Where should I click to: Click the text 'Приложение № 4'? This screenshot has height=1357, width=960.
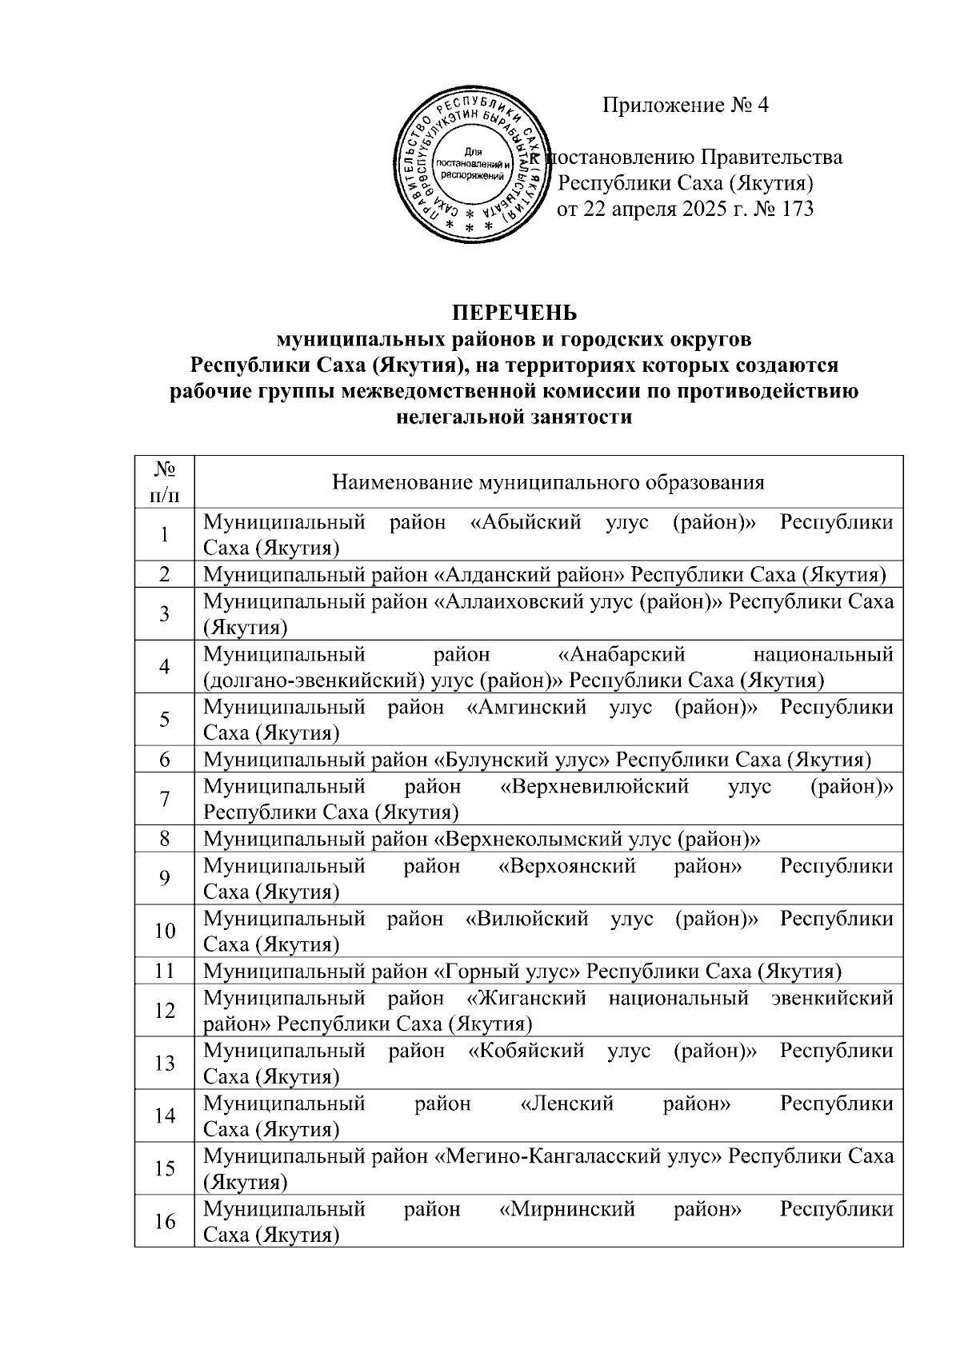point(685,106)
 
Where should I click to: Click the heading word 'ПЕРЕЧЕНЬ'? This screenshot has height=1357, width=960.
point(515,312)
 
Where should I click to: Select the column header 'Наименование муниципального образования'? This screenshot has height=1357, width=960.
point(548,482)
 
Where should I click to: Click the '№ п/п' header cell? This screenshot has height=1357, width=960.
point(164,481)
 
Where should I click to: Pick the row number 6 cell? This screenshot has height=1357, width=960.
point(164,760)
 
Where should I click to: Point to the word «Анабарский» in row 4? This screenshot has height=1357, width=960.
point(621,655)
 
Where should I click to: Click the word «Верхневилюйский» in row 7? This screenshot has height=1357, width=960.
point(594,787)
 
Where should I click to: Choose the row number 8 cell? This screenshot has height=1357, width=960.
point(164,840)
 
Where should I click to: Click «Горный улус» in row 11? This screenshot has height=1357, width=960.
point(506,972)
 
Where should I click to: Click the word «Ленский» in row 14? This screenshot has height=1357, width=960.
point(566,1104)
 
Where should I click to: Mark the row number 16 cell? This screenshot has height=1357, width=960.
point(164,1222)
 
